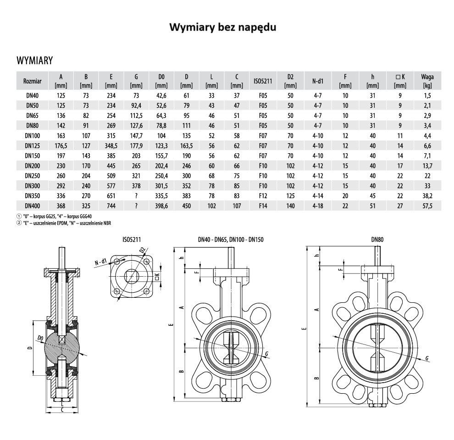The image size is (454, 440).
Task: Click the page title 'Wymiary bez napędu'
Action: [x=223, y=27]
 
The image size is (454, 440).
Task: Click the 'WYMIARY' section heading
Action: [x=35, y=61]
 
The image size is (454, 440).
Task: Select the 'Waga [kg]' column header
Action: [x=427, y=81]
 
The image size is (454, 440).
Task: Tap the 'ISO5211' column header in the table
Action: [x=263, y=81]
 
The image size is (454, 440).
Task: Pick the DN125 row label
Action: [x=33, y=146]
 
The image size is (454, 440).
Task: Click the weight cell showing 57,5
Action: [x=427, y=206]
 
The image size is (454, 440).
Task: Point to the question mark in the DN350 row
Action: [x=136, y=196]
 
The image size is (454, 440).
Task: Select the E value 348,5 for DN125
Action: [x=111, y=146]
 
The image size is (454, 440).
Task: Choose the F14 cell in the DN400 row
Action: [x=263, y=206]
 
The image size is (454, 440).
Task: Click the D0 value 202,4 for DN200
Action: [x=161, y=166]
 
